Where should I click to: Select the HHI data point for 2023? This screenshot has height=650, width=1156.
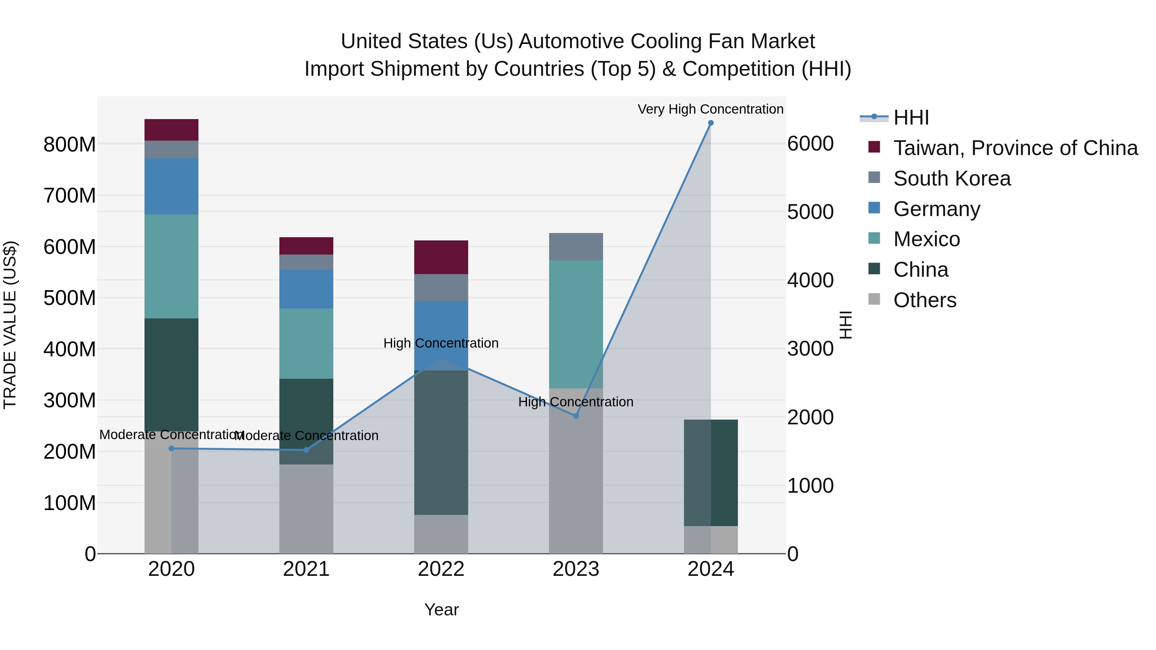[x=576, y=416]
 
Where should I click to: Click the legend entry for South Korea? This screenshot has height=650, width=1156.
[x=951, y=178]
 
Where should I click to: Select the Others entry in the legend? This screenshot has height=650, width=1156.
[x=924, y=300]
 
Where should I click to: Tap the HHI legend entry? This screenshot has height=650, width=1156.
[x=911, y=117]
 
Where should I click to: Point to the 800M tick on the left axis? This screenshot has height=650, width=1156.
[x=70, y=144]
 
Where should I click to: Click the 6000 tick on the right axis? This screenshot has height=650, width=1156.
[x=810, y=143]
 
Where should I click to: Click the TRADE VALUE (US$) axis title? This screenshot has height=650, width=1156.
[x=10, y=325]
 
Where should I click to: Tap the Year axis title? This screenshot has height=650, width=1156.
[x=441, y=610]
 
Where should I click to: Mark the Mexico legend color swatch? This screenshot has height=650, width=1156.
[x=874, y=238]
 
